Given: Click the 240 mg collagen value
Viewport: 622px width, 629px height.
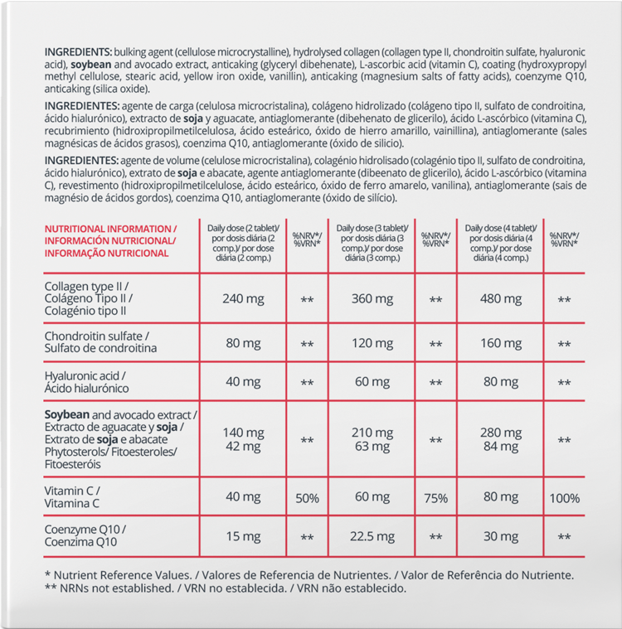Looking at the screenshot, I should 243,298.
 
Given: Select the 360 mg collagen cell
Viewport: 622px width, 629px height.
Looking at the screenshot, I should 372,298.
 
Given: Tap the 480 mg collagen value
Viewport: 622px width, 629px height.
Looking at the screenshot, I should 501,298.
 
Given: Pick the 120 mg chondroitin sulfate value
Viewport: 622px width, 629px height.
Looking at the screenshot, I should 372,341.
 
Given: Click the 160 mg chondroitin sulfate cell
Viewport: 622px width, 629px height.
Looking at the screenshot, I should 501,341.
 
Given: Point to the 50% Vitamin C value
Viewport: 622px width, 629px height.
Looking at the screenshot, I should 307,498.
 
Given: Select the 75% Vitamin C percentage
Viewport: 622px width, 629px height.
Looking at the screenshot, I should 435,498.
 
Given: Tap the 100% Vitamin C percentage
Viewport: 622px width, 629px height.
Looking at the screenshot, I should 564,498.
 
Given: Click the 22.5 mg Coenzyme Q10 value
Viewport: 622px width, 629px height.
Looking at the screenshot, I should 372,536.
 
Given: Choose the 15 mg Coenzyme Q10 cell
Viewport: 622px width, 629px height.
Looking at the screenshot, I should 243,536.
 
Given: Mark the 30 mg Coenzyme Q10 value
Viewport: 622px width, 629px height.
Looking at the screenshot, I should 501,536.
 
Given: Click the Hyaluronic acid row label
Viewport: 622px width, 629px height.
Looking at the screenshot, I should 86,381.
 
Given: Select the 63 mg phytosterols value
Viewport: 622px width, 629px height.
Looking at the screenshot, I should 372,446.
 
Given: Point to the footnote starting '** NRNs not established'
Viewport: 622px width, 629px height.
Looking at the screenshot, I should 225,588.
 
